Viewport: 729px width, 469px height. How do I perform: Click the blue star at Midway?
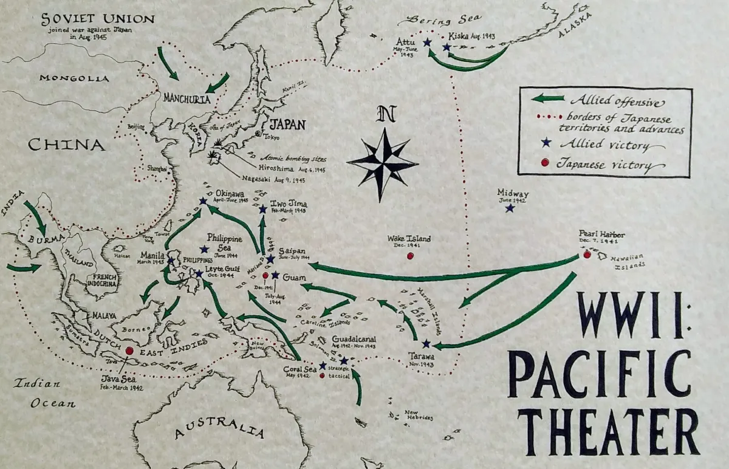510,208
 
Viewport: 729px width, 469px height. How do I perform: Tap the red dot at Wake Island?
410,256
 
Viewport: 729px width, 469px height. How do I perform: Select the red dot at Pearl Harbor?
587,255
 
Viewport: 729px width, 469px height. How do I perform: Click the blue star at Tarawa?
426,344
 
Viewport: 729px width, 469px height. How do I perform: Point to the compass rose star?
383,163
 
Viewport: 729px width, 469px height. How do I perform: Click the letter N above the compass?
383,114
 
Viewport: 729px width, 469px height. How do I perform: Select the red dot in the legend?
545,162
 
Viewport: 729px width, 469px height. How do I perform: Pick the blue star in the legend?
545,143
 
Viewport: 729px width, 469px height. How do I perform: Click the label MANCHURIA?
187,98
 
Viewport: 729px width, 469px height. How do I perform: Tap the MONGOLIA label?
74,78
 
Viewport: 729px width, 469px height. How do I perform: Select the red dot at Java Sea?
129,351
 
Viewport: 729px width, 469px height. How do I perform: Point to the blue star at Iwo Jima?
262,209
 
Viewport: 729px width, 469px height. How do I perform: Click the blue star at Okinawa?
203,200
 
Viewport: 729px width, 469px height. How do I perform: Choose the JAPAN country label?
287,125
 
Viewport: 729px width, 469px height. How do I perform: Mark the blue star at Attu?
427,43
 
